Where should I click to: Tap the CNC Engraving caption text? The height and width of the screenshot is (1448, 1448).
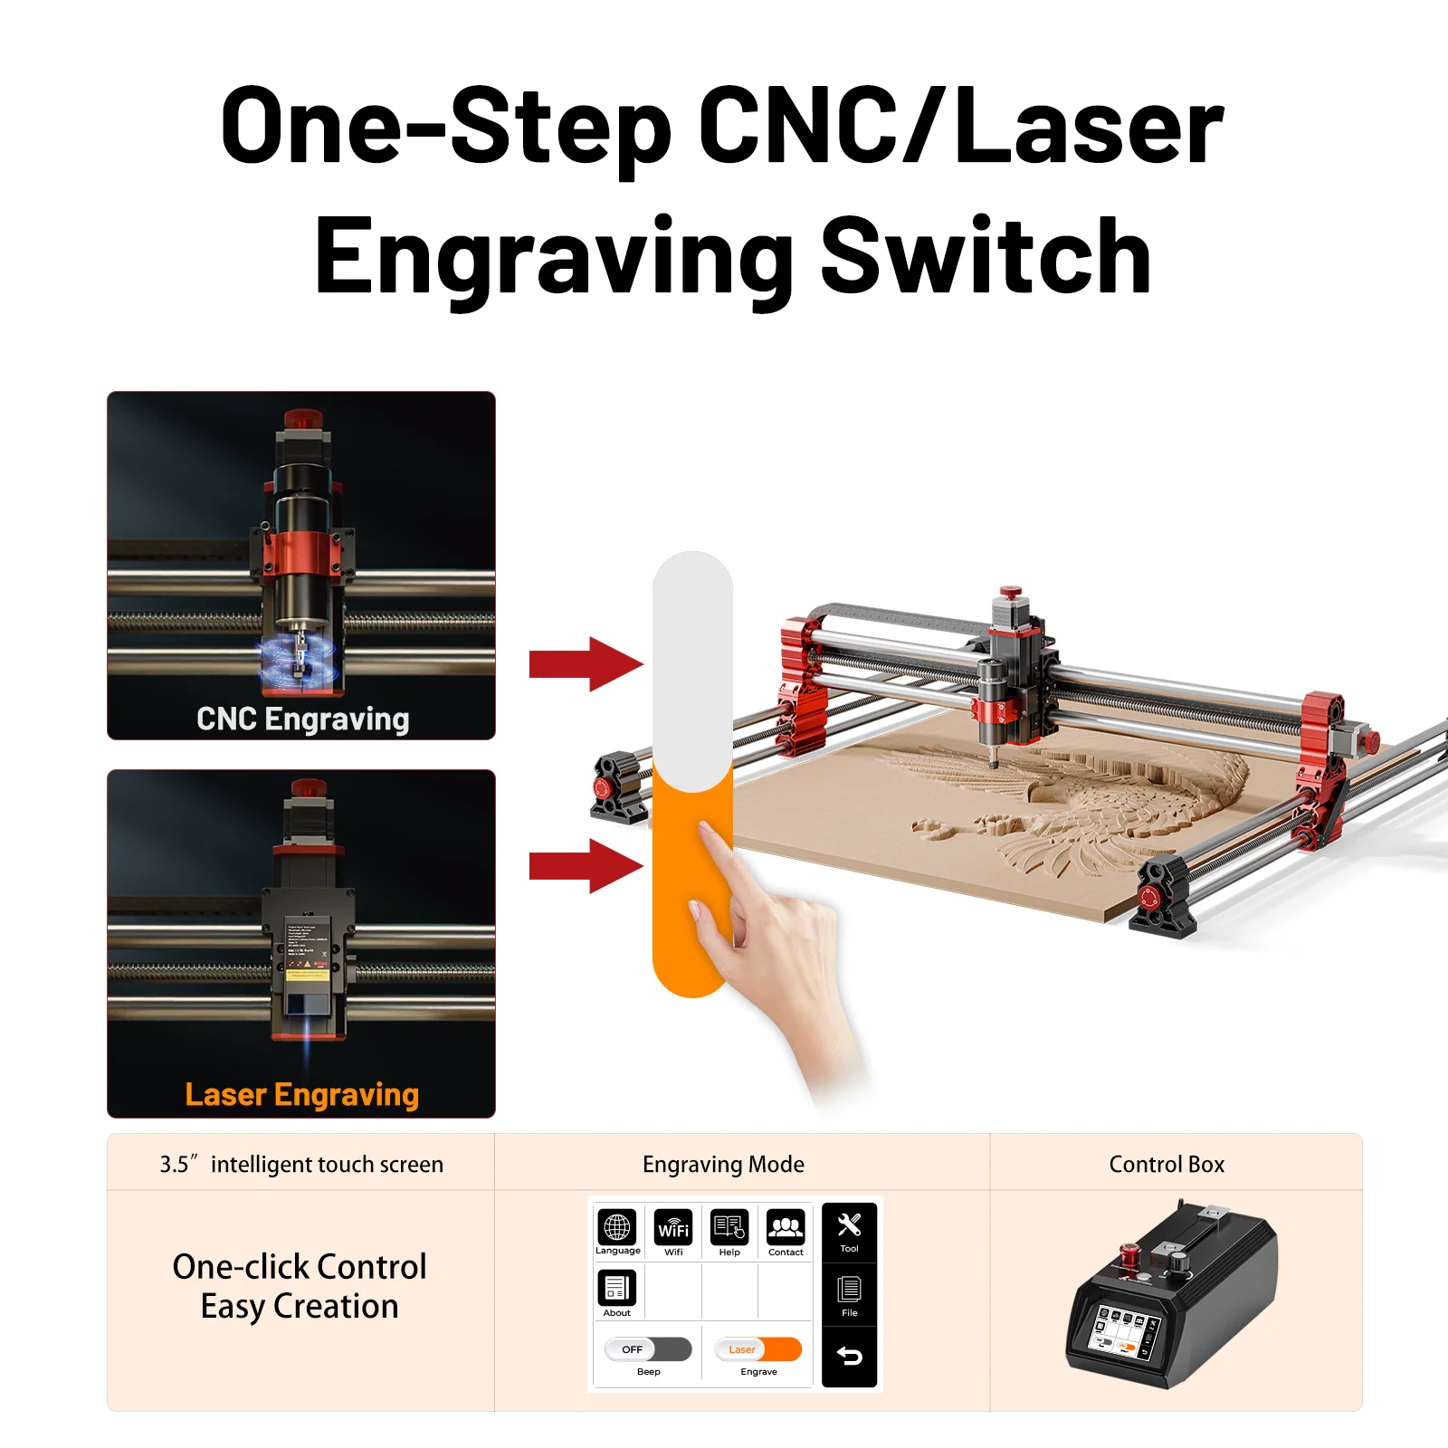[x=302, y=719]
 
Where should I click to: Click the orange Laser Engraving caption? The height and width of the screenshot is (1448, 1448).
[x=302, y=1094]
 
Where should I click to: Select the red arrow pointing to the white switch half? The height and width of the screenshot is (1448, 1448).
[x=585, y=663]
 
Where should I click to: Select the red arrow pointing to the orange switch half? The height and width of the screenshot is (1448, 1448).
[x=585, y=866]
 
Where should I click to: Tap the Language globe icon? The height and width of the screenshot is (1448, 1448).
[x=617, y=1227]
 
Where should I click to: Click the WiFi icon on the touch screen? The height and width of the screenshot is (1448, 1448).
[x=673, y=1228]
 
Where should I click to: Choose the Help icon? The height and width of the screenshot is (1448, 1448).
[x=729, y=1228]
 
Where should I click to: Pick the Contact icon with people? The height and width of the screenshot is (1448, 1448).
[x=786, y=1228]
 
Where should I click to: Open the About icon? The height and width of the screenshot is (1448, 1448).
[x=617, y=1288]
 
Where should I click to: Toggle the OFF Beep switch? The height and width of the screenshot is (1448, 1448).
[x=648, y=1349]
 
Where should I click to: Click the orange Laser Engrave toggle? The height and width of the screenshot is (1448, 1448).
[x=758, y=1349]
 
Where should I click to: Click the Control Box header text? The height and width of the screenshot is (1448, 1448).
[x=1167, y=1164]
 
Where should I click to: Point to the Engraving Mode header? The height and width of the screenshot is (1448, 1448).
[x=723, y=1164]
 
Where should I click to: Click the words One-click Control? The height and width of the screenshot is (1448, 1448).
[x=300, y=1267]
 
